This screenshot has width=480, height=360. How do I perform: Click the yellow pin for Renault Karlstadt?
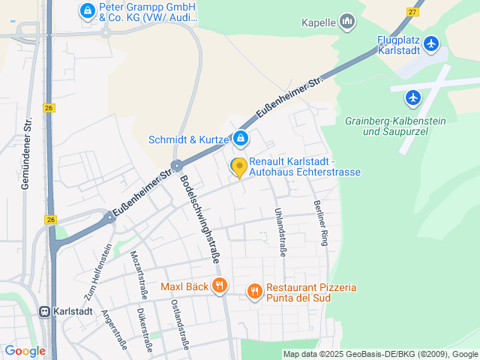click(239, 166)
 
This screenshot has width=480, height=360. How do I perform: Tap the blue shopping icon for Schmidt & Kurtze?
click(241, 138)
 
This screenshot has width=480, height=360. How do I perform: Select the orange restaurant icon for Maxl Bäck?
click(220, 285)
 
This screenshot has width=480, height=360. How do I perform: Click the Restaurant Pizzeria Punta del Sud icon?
click(255, 289)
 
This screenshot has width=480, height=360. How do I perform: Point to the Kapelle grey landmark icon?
click(347, 22)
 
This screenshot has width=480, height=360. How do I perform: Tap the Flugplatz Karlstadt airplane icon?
click(430, 44)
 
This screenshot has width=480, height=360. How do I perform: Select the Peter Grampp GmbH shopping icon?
click(88, 10)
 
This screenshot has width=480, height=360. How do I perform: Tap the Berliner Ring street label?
click(321, 223)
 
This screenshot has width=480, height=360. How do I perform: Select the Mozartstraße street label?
click(139, 275)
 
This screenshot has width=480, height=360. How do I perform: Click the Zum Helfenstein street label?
click(98, 268)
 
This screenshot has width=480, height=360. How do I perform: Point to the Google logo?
click(25, 350)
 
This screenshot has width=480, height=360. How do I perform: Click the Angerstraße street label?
click(115, 330)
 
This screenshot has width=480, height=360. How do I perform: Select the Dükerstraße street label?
click(144, 330)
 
